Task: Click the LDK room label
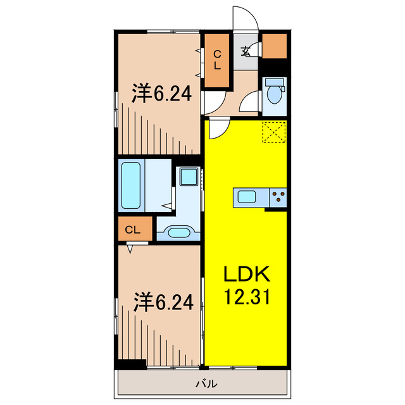click(246, 275)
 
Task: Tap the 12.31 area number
click(246, 296)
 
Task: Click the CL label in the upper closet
click(216, 60)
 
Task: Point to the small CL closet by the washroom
click(133, 230)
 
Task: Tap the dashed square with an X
click(275, 132)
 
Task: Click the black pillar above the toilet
click(275, 65)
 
